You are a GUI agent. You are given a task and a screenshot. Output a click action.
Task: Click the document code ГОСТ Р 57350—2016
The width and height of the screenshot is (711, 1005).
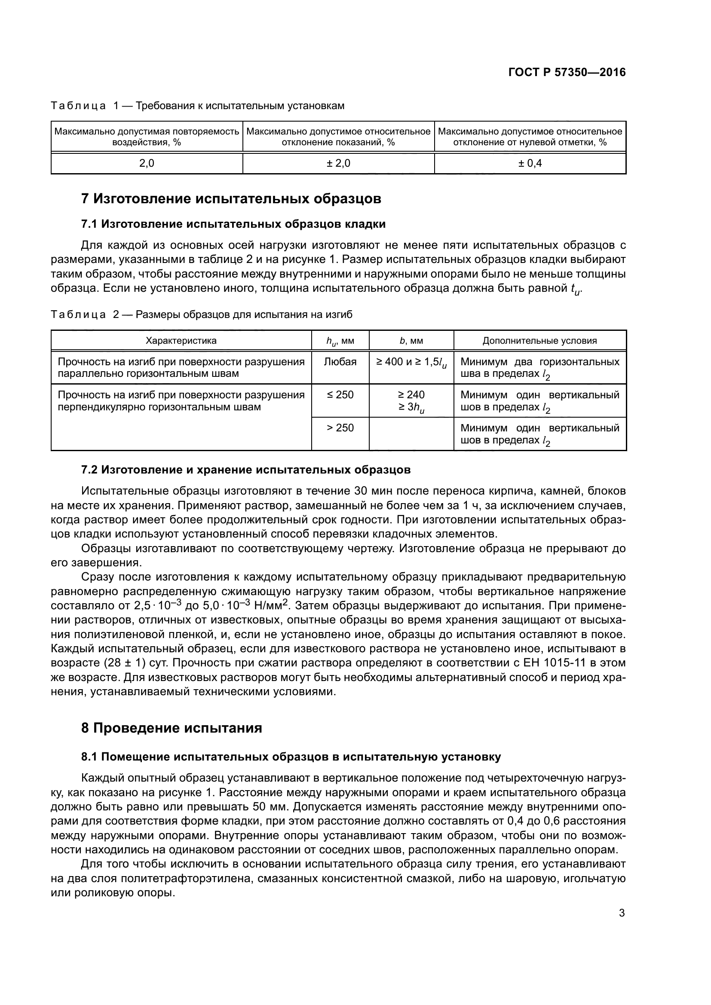[567, 72]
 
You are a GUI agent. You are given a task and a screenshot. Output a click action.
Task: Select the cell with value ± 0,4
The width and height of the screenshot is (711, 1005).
[530, 163]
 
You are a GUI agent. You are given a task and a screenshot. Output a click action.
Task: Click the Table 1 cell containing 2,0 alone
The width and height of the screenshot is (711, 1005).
[147, 163]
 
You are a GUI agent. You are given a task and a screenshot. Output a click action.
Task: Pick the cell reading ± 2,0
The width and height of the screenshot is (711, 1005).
[338, 163]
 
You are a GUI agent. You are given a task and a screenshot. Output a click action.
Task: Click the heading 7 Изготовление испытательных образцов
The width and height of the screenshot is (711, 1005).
[231, 199]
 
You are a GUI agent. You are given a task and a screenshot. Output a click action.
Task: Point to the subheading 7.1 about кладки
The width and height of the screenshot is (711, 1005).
[233, 224]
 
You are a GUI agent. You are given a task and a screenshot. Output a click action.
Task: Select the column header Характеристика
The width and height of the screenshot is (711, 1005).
[181, 341]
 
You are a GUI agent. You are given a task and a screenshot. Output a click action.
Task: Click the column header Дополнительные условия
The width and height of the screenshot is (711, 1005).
[539, 341]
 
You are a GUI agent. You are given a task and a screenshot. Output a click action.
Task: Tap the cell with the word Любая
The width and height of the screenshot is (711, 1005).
[340, 362]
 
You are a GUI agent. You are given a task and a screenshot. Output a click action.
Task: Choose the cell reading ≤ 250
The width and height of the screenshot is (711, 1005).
[340, 395]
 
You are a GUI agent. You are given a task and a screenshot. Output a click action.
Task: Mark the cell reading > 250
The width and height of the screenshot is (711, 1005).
[340, 428]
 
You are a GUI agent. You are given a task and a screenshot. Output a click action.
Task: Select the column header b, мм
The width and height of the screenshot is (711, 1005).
[411, 341]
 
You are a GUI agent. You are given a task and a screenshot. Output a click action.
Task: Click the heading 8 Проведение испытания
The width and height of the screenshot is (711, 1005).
[172, 728]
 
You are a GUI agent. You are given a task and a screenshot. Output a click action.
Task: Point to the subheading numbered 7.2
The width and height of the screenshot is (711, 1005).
[245, 470]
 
